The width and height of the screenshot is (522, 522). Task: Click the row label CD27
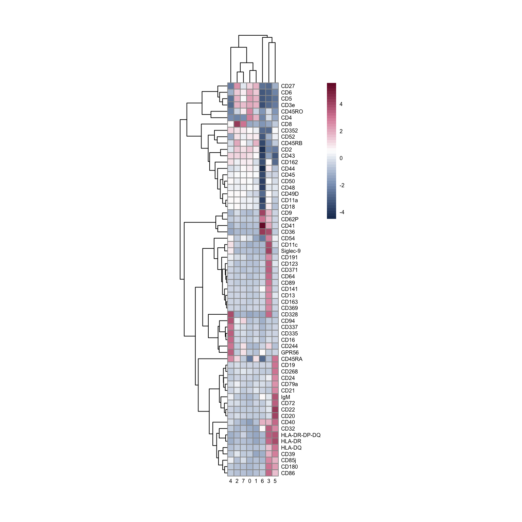[288, 86]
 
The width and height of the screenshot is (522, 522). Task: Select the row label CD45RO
[292, 111]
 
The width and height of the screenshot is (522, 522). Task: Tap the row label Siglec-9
[291, 251]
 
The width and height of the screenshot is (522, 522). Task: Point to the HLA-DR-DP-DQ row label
[301, 435]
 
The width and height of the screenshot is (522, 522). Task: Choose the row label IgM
[285, 397]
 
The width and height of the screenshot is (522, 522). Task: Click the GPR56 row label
[290, 352]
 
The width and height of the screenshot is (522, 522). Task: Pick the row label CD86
[288, 473]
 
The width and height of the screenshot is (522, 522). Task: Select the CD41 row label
[288, 226]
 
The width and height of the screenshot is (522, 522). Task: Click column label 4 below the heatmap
[231, 481]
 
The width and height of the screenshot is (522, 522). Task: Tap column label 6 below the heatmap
[262, 481]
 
